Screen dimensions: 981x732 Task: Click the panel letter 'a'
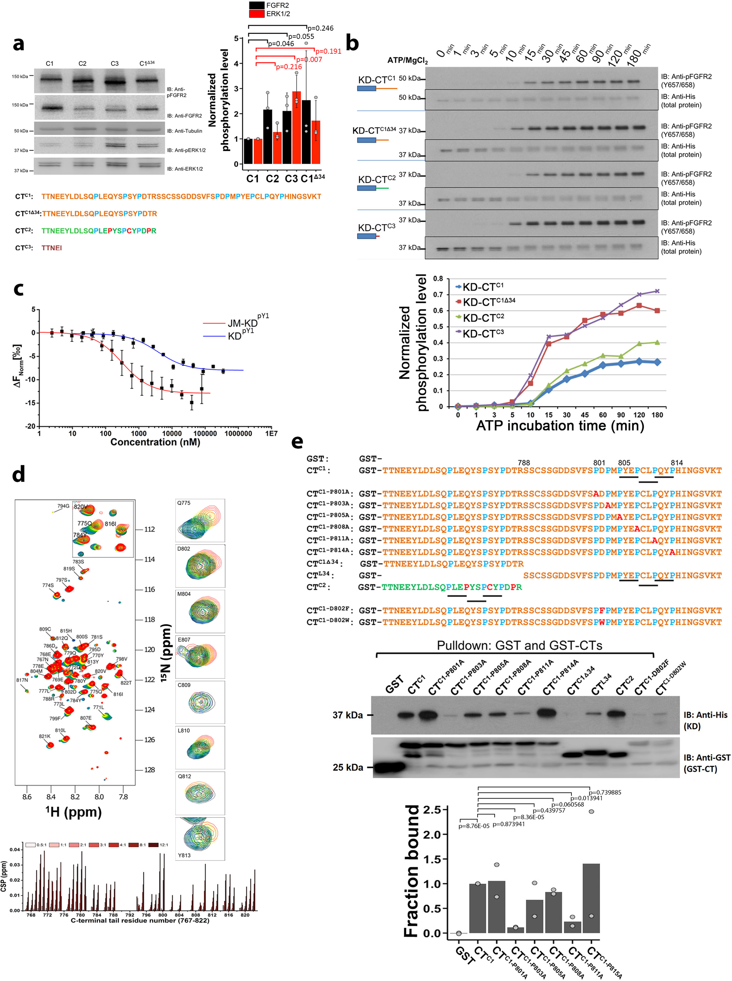coord(18,44)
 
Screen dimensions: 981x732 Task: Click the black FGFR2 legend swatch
coord(257,5)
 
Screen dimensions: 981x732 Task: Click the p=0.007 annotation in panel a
coord(309,59)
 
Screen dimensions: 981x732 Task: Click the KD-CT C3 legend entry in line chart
coord(483,333)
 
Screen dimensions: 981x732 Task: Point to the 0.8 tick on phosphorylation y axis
coord(438,279)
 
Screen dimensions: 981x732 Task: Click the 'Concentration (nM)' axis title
coord(155,442)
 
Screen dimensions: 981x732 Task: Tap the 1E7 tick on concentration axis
coord(271,434)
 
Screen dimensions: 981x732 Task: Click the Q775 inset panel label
coord(184,503)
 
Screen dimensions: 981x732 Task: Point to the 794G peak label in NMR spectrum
coord(63,506)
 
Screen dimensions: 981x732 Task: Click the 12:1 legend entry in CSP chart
coord(163,844)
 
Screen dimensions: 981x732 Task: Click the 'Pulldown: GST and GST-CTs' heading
coord(519,645)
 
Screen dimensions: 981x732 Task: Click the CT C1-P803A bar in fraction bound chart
coord(515,930)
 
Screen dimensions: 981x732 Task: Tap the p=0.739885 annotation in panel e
coord(604,792)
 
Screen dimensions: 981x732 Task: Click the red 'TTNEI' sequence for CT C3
coord(51,248)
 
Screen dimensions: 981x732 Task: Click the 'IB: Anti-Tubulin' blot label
coord(184,131)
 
